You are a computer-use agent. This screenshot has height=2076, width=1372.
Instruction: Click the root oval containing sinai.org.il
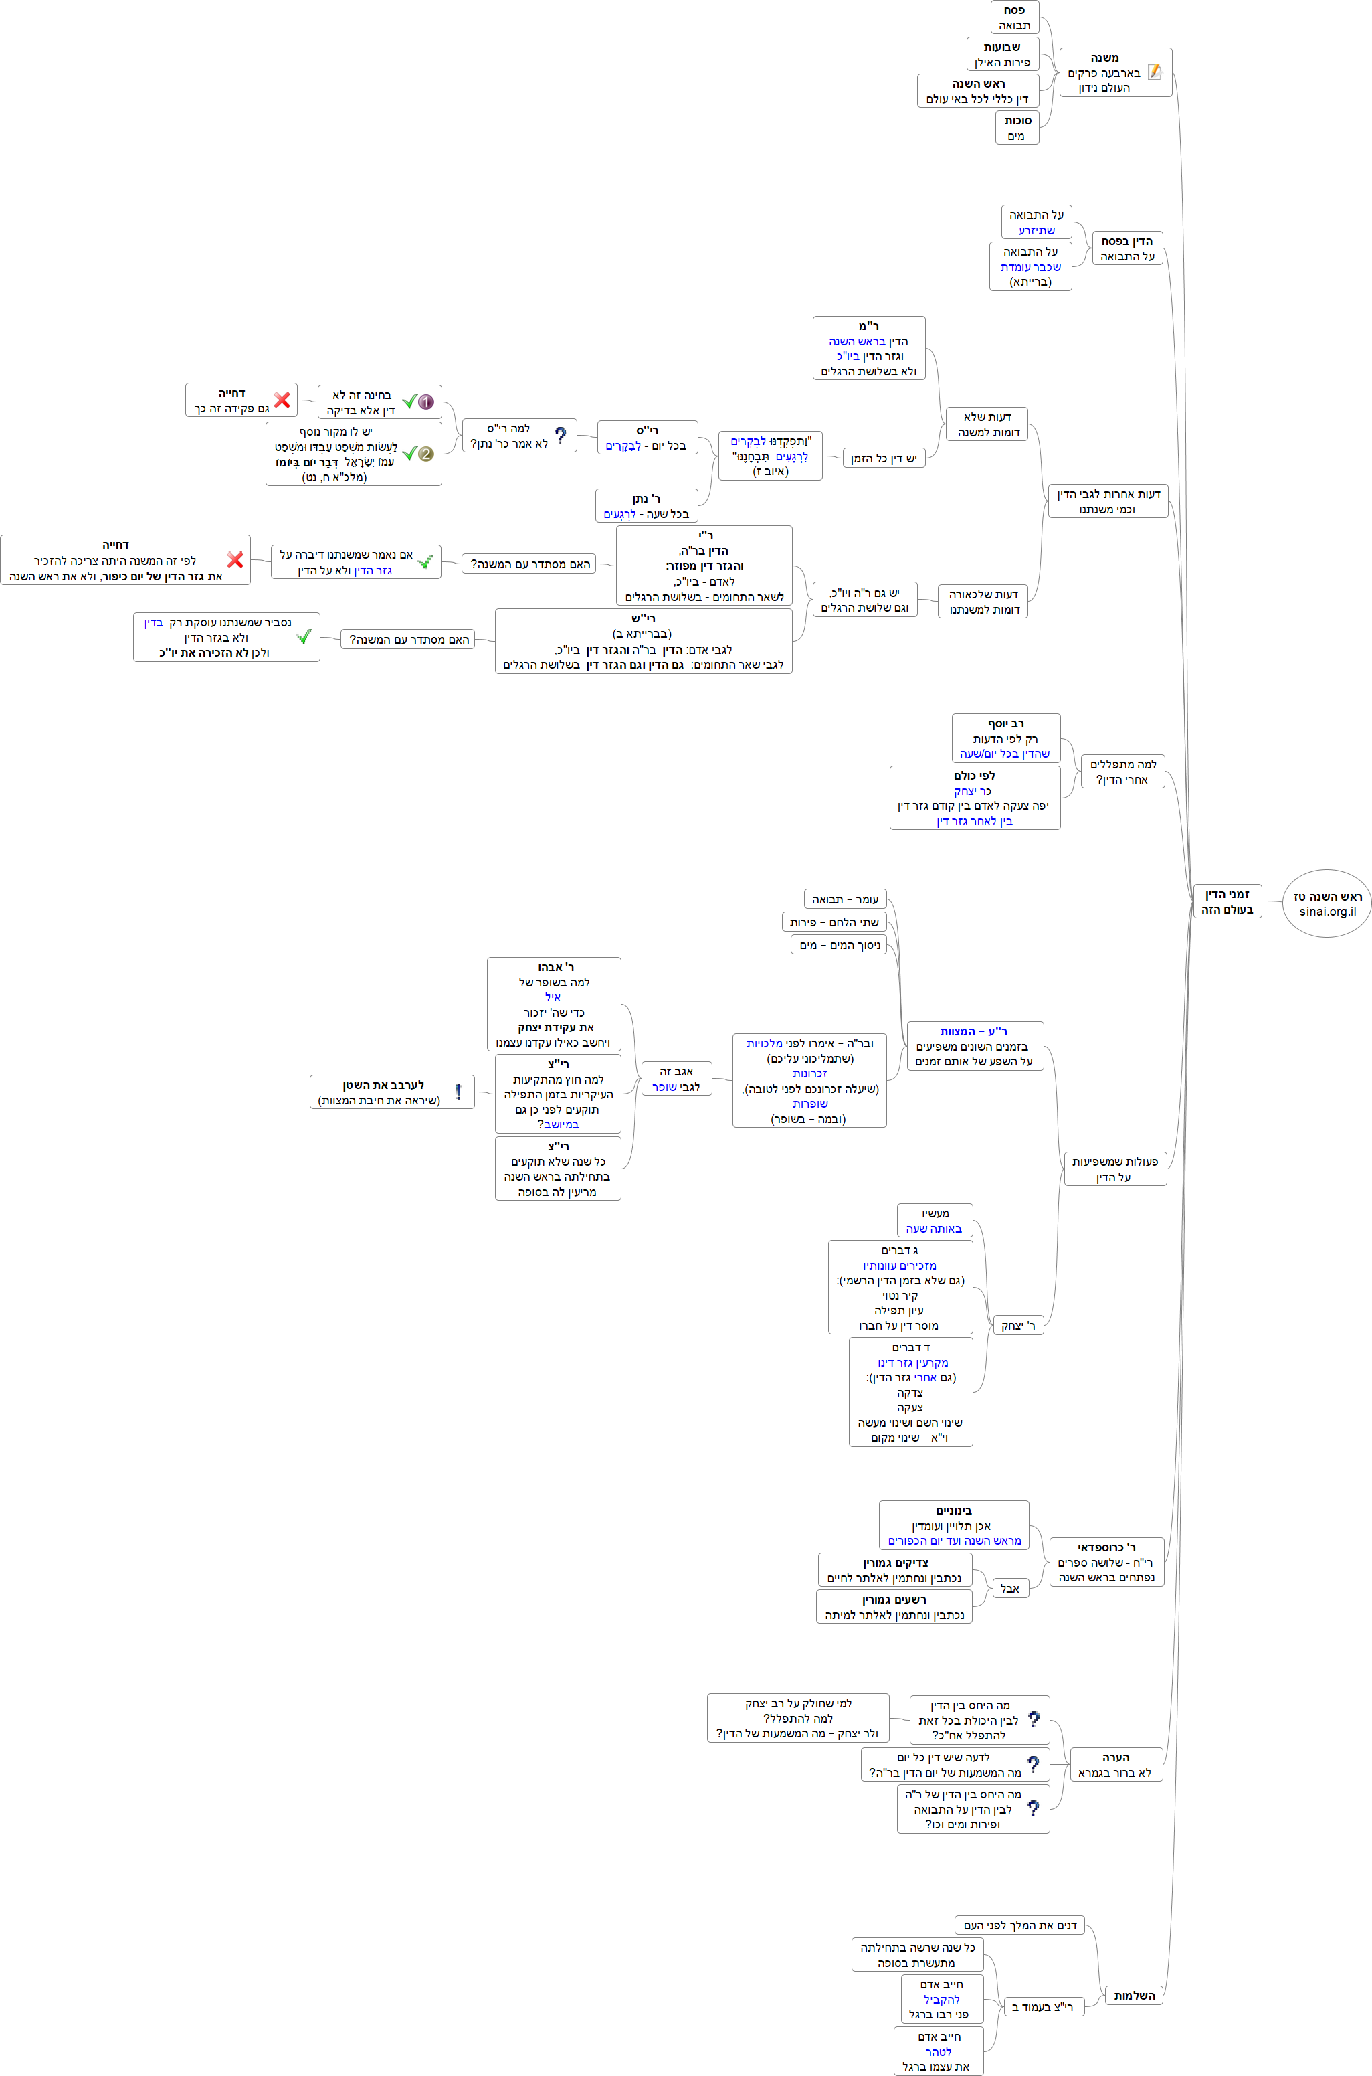[x=1327, y=903]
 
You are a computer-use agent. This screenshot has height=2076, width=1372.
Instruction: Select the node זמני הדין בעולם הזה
[x=1227, y=901]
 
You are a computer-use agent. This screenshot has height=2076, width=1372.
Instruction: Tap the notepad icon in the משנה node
[x=1155, y=72]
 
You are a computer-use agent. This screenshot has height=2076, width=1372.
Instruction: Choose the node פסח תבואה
[x=1014, y=17]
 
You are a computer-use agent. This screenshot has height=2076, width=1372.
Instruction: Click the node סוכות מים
[x=1016, y=128]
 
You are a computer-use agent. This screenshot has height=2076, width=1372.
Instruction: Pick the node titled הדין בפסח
[x=1127, y=248]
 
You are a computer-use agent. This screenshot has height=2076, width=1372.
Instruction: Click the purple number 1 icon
[x=426, y=402]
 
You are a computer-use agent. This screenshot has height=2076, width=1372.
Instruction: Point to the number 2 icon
[x=426, y=453]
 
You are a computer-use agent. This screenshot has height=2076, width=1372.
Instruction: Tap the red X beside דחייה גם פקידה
[x=282, y=400]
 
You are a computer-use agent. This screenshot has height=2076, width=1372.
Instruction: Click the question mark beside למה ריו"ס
[x=560, y=435]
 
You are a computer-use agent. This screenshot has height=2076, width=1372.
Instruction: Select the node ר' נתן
[x=647, y=506]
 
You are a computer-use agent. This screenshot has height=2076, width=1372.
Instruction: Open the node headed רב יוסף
[x=1005, y=738]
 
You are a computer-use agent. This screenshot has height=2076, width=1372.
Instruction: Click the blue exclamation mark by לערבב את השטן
[x=458, y=1092]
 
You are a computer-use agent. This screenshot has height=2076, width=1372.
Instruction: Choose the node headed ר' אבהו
[x=554, y=1004]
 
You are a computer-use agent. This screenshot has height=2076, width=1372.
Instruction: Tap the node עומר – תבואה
[x=846, y=899]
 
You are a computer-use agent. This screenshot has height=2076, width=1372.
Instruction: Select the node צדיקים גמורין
[x=894, y=1570]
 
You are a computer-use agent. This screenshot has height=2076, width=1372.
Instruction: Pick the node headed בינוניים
[x=954, y=1525]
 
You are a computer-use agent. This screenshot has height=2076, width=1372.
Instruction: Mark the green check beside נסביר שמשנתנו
[x=304, y=636]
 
